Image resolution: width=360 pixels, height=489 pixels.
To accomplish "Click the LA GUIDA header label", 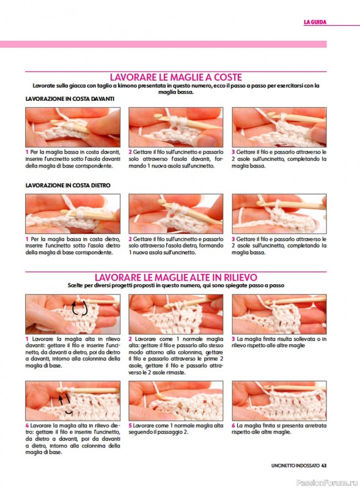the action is (315, 22).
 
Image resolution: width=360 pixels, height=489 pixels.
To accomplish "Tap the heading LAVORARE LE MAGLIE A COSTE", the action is (176, 78).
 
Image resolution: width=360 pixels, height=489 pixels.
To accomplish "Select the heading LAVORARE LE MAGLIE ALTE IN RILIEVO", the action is (176, 278).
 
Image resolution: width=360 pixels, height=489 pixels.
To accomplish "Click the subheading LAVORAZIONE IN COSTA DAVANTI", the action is (70, 99).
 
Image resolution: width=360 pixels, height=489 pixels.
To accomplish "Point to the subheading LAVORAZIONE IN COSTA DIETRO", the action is (68, 185).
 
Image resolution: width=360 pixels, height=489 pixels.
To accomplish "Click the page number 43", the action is (324, 466).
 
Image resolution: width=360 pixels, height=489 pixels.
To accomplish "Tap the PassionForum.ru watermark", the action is (326, 482).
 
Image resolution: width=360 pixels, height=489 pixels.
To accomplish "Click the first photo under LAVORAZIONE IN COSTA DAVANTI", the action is (73, 127).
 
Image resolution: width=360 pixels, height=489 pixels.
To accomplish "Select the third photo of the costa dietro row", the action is (279, 214).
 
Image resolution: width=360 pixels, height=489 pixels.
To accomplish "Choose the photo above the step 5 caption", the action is (176, 401).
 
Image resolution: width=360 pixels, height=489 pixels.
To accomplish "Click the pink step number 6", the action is (233, 425).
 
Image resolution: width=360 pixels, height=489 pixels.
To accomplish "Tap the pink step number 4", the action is (27, 425).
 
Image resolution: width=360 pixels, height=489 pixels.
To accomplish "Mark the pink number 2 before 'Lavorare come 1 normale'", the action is (130, 339).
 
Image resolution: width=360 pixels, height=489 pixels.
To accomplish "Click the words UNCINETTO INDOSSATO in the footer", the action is (295, 466).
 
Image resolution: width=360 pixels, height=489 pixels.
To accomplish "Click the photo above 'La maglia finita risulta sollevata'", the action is (279, 314).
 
